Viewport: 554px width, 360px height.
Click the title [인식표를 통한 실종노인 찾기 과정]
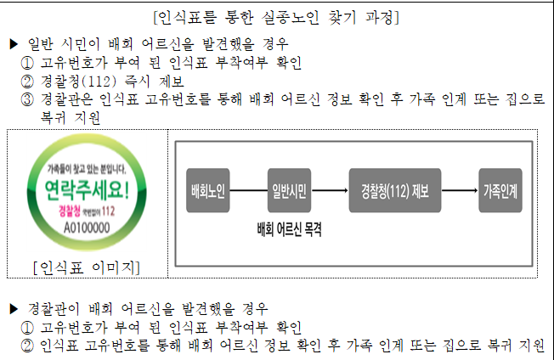click(277, 16)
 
